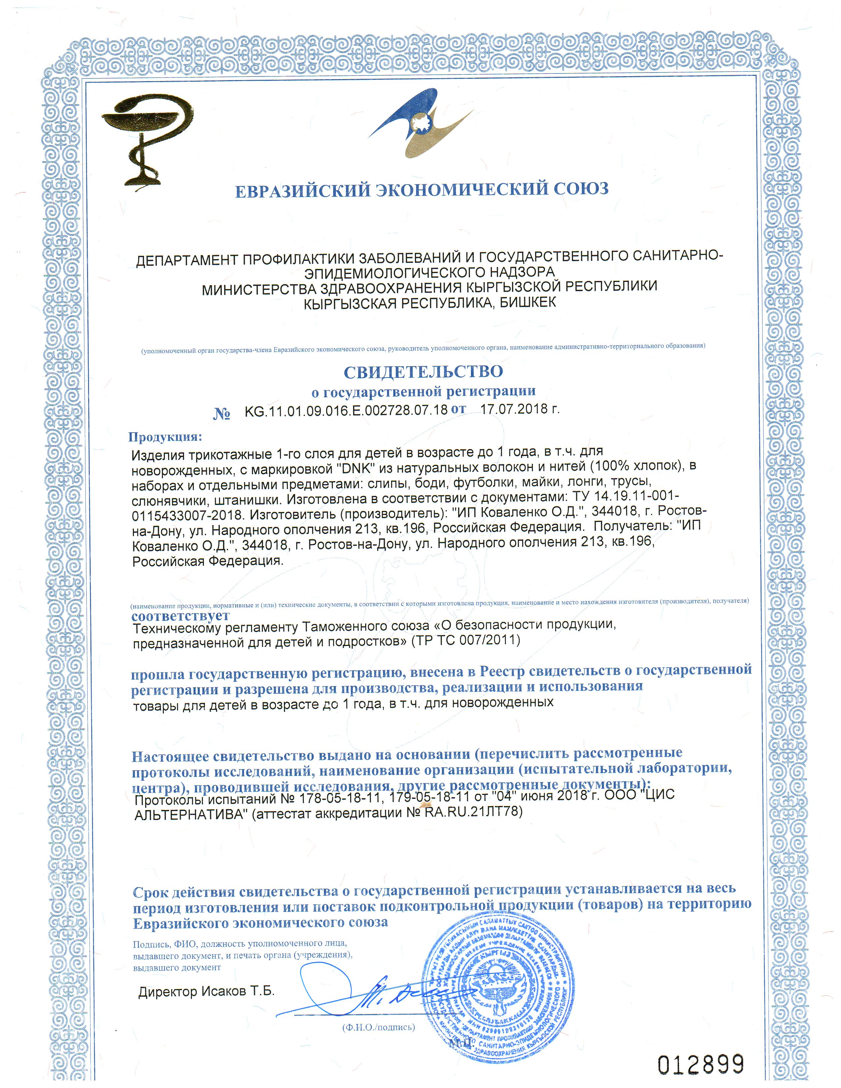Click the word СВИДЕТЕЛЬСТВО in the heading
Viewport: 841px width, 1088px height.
pyautogui.click(x=423, y=371)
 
